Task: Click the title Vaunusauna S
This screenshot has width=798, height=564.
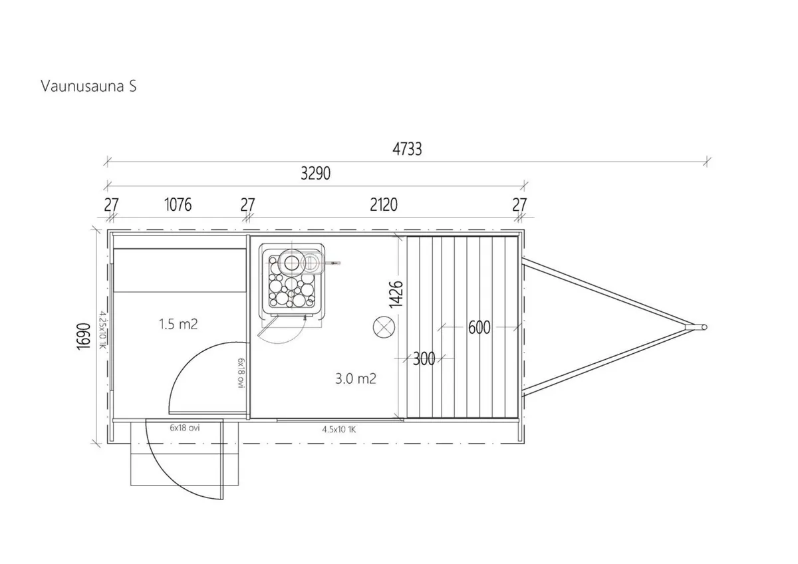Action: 88,86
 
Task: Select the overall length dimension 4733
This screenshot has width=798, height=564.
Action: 407,149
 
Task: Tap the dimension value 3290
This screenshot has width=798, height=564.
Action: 316,174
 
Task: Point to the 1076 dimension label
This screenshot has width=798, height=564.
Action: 178,205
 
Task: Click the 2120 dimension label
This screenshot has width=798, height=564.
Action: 384,205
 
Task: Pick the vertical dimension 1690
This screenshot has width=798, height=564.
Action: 84,337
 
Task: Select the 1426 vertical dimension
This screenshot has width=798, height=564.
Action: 396,294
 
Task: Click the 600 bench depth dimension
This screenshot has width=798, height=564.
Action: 479,327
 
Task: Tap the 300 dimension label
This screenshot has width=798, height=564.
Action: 424,358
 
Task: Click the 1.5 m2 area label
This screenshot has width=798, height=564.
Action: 178,324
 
